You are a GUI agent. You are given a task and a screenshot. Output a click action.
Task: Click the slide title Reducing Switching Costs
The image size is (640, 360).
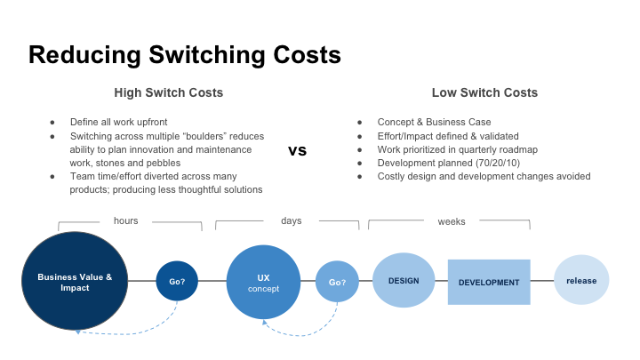pos(184,54)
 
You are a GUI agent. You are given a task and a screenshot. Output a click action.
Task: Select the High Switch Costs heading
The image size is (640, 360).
pos(168,92)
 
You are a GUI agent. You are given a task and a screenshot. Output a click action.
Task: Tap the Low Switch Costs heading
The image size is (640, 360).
pos(484,92)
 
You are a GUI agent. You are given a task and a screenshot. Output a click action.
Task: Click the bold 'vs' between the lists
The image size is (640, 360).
pos(298,150)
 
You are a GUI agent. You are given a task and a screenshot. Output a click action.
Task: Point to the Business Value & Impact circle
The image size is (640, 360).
pos(75,282)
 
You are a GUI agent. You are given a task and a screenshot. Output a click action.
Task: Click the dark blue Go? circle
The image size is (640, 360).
pos(177,282)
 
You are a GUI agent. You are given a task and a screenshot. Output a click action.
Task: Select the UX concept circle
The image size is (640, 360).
pos(263,282)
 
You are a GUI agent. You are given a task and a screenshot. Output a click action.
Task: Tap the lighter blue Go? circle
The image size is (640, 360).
pos(337,282)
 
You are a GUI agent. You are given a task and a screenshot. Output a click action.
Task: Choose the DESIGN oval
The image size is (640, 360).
pos(403,281)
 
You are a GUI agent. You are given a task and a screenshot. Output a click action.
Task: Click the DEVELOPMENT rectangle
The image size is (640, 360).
pos(489,282)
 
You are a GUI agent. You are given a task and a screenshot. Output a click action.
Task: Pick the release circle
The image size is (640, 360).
pos(581,281)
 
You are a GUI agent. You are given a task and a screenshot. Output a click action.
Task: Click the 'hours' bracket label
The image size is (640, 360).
pos(126,220)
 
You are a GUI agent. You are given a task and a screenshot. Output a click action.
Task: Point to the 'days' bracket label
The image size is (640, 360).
pos(292,220)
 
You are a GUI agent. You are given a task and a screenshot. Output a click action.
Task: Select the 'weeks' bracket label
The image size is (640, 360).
pos(451,220)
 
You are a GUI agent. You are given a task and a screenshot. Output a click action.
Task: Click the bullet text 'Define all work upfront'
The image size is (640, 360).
pos(120,122)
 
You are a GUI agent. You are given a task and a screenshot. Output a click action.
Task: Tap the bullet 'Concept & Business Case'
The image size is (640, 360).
pos(434,122)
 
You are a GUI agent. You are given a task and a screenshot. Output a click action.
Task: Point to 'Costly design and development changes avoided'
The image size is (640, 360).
pos(484,176)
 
